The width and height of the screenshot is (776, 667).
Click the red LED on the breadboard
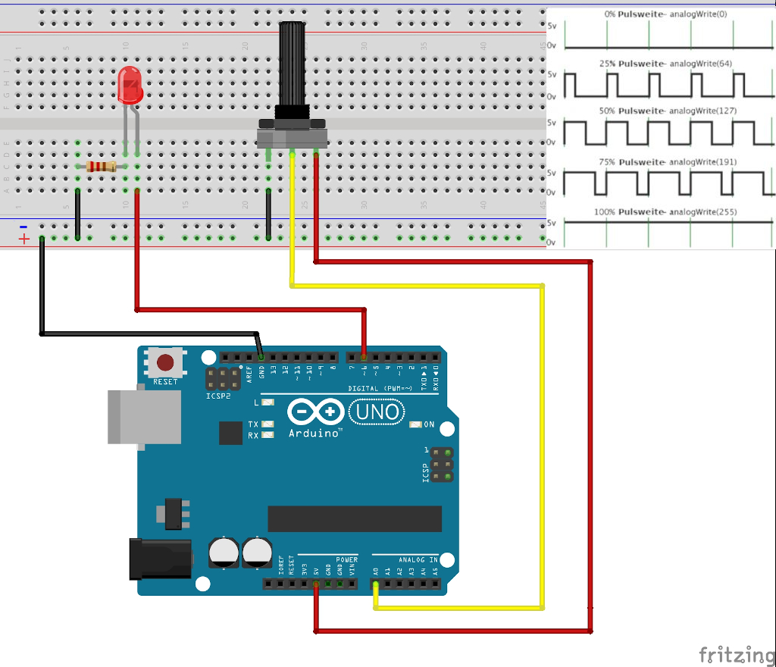(x=130, y=85)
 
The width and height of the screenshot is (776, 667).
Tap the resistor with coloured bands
(x=101, y=166)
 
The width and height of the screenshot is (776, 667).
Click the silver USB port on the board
(x=144, y=416)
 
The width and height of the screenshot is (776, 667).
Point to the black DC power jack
(x=161, y=558)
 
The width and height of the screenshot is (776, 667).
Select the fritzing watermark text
(x=731, y=653)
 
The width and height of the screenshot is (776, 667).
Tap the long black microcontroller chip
(x=355, y=518)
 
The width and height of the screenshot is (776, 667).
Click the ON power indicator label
(x=429, y=424)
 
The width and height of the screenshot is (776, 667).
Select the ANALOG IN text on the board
(x=418, y=559)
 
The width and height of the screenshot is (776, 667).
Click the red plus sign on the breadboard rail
(x=24, y=240)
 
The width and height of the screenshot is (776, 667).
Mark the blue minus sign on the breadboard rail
(x=23, y=227)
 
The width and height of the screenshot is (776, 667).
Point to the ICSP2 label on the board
(x=218, y=396)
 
